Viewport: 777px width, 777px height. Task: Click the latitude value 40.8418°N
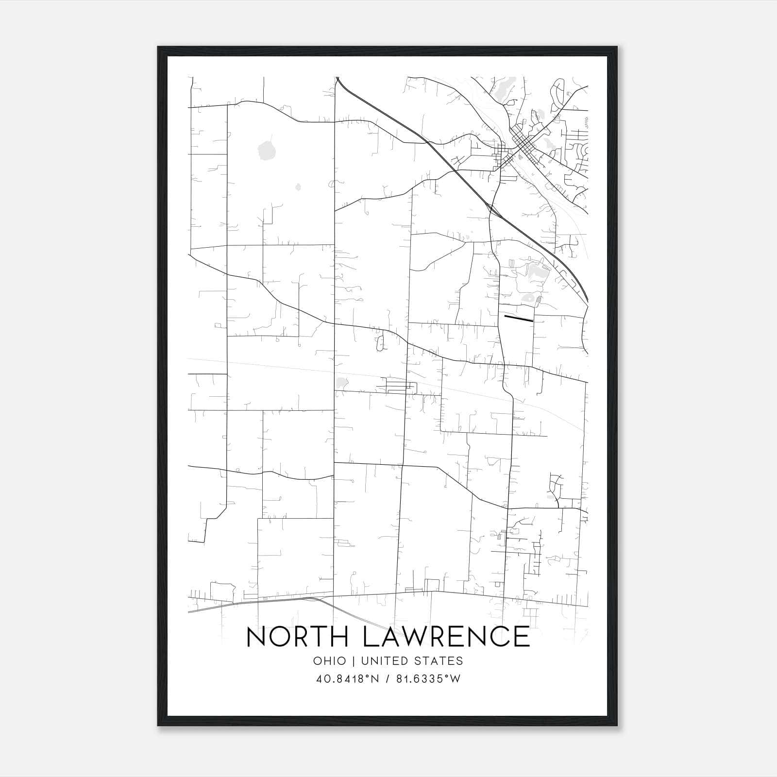click(x=347, y=679)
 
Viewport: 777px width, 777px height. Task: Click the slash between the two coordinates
click(x=387, y=679)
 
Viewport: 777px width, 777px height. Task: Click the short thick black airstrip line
click(x=519, y=319)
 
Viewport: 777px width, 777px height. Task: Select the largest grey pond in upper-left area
click(x=266, y=150)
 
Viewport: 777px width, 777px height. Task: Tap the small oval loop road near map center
click(x=380, y=343)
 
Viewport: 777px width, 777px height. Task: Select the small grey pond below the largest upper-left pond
click(x=298, y=186)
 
